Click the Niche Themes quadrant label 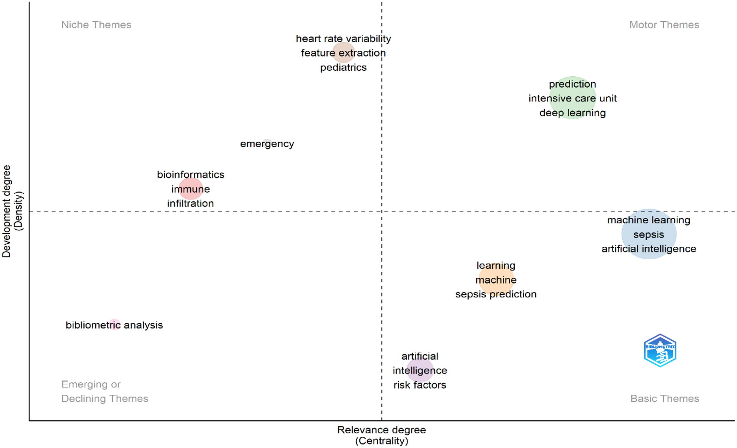tap(96, 25)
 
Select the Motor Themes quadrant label tap(664, 25)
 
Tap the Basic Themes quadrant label tap(665, 398)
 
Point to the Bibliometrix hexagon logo tap(660, 351)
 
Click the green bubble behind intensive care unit tap(573, 98)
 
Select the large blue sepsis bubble tap(649, 234)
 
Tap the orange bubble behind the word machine tap(496, 280)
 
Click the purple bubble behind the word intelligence tap(420, 370)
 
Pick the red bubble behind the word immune tap(191, 189)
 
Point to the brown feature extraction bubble tap(343, 53)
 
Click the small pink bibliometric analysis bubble tap(114, 325)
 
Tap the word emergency tap(267, 144)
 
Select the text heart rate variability tap(343, 38)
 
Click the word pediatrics tap(343, 68)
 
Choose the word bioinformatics tap(191, 174)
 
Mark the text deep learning tap(573, 113)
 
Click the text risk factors tap(420, 385)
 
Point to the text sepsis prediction tap(496, 294)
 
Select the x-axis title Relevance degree tap(381, 430)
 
